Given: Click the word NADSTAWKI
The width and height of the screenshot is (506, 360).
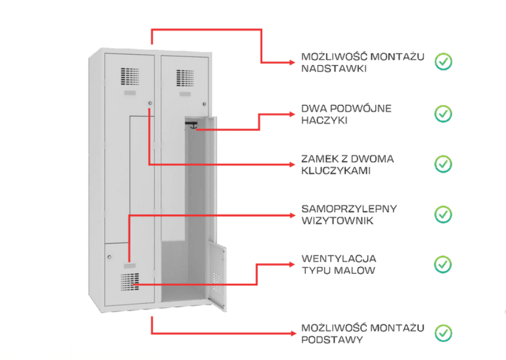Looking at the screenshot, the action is (x=333, y=68).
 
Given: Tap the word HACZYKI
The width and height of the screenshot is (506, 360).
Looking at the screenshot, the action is (x=325, y=120).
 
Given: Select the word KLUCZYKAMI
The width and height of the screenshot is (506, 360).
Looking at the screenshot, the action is (x=336, y=171).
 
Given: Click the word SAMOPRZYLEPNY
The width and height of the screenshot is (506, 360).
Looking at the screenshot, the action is (x=349, y=209).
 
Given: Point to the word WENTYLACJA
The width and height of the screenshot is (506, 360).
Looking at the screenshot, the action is (x=339, y=259).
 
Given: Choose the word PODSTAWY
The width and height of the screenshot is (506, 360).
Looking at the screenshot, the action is (x=332, y=339).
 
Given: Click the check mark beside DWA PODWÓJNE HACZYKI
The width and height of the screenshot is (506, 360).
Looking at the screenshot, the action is (x=443, y=114).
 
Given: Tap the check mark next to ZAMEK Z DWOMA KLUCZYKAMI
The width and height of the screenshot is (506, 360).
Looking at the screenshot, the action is (x=443, y=164).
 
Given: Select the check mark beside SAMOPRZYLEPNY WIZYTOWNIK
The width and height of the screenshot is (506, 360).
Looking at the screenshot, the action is (x=443, y=215).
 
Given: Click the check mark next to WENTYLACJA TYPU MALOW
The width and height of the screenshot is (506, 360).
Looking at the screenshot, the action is (x=443, y=264).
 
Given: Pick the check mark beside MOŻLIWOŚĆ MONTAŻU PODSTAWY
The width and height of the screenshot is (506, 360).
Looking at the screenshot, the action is (x=443, y=333).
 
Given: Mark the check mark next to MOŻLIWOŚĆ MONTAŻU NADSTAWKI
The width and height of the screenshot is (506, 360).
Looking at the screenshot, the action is (x=443, y=62).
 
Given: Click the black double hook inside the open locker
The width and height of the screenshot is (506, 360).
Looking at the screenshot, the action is (x=192, y=125).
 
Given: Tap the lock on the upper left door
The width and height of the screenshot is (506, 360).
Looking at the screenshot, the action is (x=150, y=103).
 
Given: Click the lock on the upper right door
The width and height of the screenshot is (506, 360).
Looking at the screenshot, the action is (x=204, y=104).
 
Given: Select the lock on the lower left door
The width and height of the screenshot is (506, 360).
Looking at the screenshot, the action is (x=110, y=257).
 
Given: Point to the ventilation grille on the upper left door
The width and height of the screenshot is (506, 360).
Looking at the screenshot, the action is (x=130, y=76).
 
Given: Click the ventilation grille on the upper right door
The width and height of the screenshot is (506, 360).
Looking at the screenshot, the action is (x=185, y=78).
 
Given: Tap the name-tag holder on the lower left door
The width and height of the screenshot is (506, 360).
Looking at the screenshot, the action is (x=130, y=266).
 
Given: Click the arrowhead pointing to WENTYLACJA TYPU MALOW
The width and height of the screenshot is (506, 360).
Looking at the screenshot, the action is (x=292, y=264).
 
